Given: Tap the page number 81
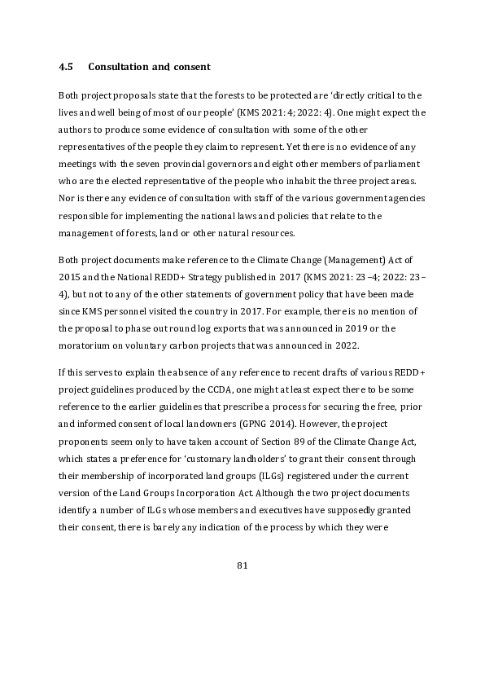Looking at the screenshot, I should (242, 565).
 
